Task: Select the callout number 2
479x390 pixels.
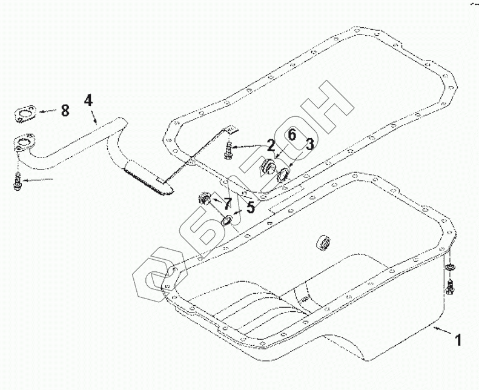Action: tap(271, 145)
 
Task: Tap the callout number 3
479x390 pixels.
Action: tap(308, 144)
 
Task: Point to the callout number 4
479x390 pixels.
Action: tap(88, 100)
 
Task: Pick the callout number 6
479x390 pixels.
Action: tap(291, 135)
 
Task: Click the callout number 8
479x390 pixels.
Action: tap(65, 110)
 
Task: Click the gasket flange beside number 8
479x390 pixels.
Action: tap(24, 111)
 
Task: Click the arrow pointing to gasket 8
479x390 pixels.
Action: tap(47, 111)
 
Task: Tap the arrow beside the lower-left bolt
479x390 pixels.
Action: tap(42, 180)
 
